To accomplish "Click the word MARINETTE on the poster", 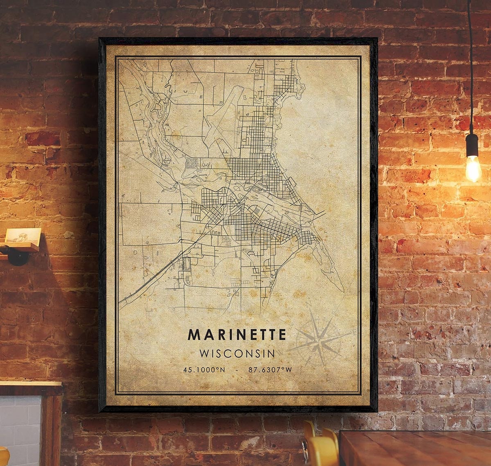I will [237, 334].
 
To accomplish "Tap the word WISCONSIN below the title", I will [237, 353].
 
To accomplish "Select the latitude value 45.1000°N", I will [204, 370].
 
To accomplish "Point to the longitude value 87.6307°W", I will [270, 370].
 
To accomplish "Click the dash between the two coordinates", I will [237, 370].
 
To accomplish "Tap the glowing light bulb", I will [473, 169].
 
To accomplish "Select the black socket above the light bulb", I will [472, 145].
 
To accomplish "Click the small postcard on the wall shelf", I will [23, 236].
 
